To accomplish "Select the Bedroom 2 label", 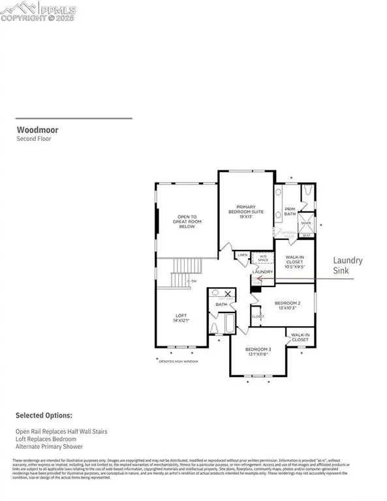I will pyautogui.click(x=287, y=305).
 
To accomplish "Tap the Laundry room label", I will pyautogui.click(x=262, y=271).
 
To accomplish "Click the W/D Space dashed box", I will pyautogui.click(x=263, y=258).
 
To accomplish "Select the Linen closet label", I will pyautogui.click(x=242, y=255).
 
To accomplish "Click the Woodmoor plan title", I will pyautogui.click(x=34, y=130).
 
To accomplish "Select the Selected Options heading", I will pyautogui.click(x=44, y=415).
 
